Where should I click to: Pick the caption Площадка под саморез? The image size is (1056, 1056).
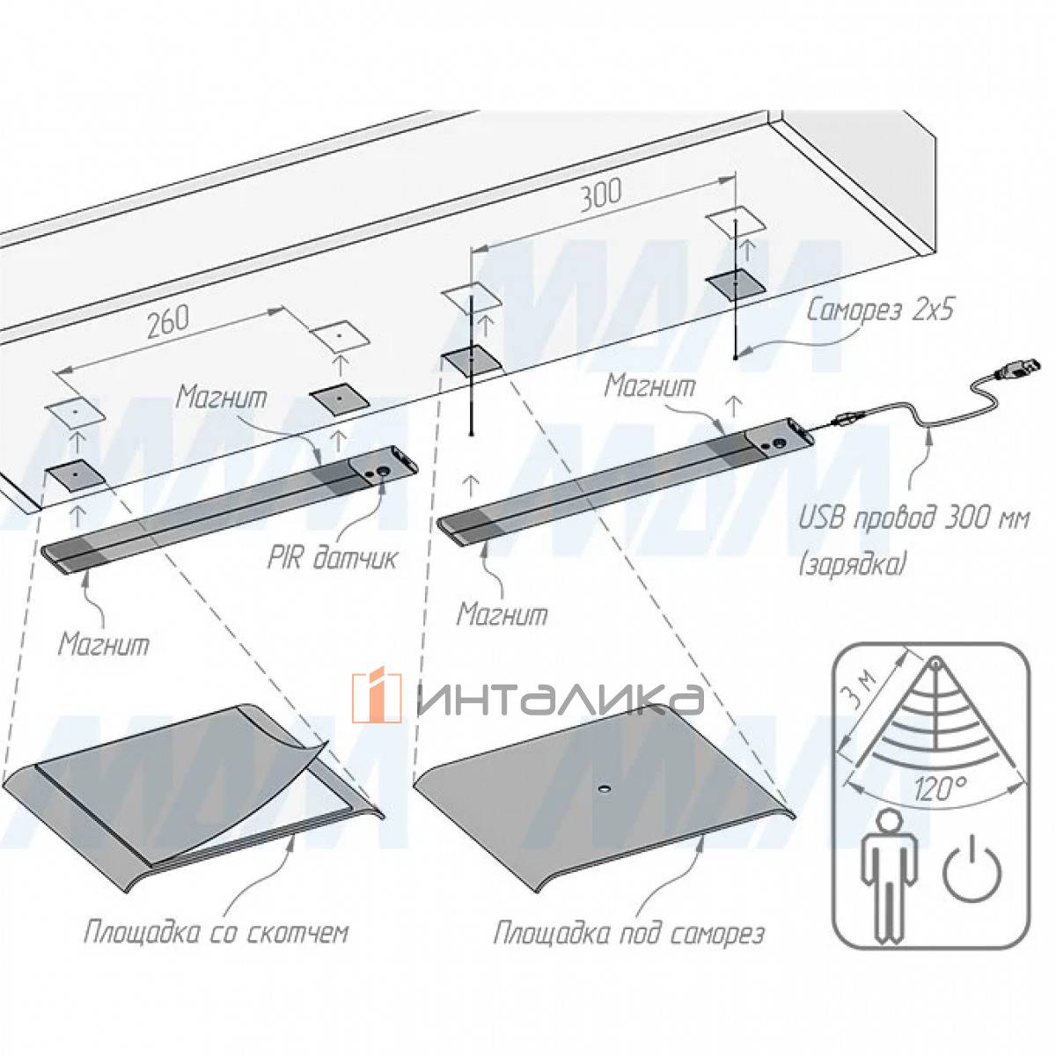point(628,933)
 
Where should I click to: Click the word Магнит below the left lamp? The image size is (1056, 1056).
point(105,643)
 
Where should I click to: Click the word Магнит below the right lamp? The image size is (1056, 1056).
point(502,613)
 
